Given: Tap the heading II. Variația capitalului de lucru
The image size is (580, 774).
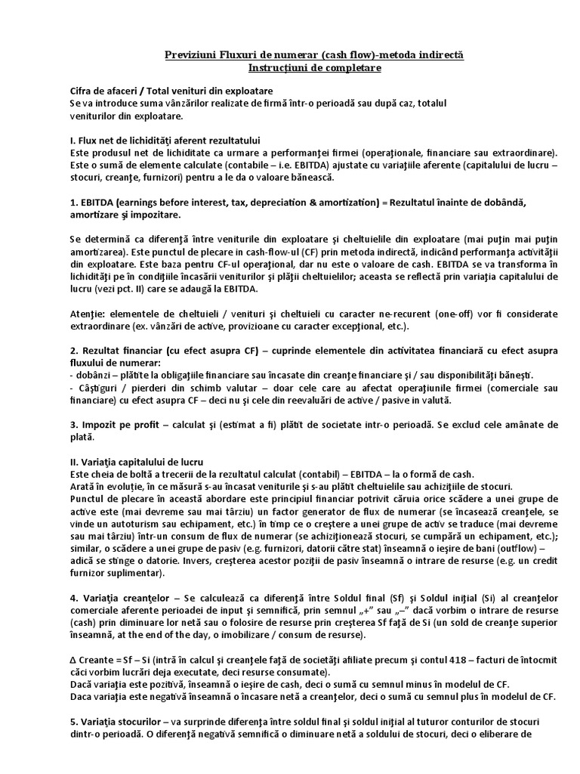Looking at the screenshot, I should [142, 461].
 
